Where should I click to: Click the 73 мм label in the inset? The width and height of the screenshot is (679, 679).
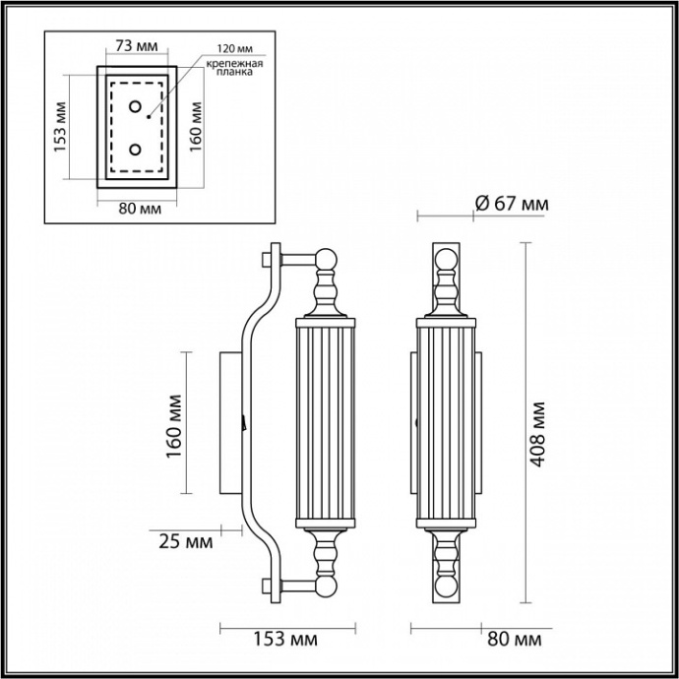pyautogui.click(x=136, y=46)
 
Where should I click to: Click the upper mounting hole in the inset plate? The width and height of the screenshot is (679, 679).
pyautogui.click(x=136, y=105)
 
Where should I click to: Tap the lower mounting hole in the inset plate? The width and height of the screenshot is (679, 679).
pyautogui.click(x=136, y=150)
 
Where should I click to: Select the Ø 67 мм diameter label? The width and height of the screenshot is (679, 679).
pyautogui.click(x=511, y=204)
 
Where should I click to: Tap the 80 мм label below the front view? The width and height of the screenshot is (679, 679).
pyautogui.click(x=515, y=640)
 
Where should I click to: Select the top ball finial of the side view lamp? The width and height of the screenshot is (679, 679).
pyautogui.click(x=327, y=260)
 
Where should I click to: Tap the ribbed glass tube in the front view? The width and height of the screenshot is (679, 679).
pyautogui.click(x=447, y=423)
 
